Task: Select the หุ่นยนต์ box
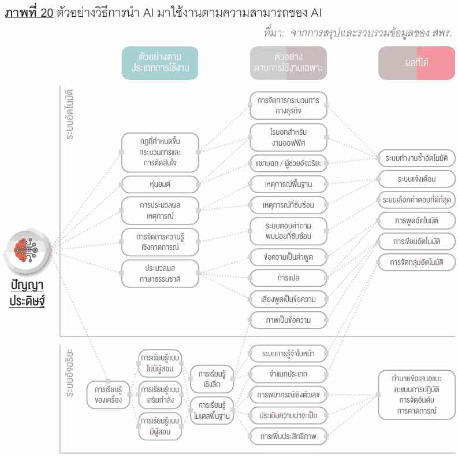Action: [x=160, y=185]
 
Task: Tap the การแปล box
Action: [x=288, y=278]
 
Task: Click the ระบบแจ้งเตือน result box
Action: [x=416, y=178]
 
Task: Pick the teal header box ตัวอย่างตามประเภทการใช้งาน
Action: [x=160, y=63]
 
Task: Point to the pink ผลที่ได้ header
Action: [x=416, y=63]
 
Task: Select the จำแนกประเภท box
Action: [x=288, y=374]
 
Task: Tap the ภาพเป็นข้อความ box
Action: [x=288, y=320]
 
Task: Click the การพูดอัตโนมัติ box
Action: [x=416, y=220]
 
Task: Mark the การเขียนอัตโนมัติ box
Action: [x=416, y=241]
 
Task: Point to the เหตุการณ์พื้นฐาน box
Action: [x=288, y=185]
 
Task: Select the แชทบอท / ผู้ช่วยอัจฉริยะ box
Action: [x=288, y=163]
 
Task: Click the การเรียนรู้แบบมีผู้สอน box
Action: [x=160, y=425]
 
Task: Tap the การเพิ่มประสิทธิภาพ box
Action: [x=288, y=436]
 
